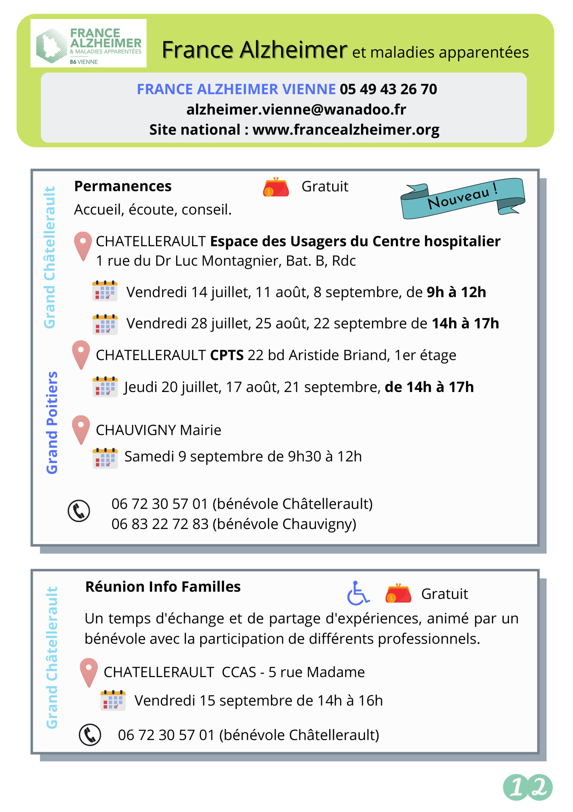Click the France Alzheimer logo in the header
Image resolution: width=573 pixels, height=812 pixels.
pyautogui.click(x=88, y=43)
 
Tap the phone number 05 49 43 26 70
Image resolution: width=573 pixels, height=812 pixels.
pyautogui.click(x=388, y=89)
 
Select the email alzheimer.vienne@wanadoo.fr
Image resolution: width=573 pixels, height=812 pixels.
pyautogui.click(x=296, y=110)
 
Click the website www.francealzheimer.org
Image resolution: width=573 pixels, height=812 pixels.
pyautogui.click(x=346, y=130)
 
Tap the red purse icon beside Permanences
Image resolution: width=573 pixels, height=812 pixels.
pyautogui.click(x=276, y=187)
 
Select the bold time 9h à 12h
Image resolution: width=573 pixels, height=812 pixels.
pyautogui.click(x=456, y=292)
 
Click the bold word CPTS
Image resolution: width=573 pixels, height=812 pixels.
pyautogui.click(x=227, y=355)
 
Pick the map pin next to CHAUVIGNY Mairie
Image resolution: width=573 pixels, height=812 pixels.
pyautogui.click(x=81, y=429)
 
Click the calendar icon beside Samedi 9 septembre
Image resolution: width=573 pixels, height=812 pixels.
pyautogui.click(x=105, y=458)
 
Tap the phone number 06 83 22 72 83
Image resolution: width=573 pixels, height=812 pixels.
pyautogui.click(x=160, y=524)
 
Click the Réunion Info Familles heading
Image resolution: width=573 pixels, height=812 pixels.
pyautogui.click(x=163, y=587)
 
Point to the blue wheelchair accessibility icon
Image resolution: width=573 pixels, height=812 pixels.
pyautogui.click(x=358, y=593)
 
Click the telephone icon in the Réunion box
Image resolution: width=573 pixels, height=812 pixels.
pyautogui.click(x=90, y=735)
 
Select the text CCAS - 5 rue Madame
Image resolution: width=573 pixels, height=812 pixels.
pyautogui.click(x=293, y=672)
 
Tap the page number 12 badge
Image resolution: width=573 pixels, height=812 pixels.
pyautogui.click(x=527, y=787)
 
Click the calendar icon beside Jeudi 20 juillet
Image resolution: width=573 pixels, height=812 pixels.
pyautogui.click(x=105, y=387)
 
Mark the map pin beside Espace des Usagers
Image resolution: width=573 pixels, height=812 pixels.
pyautogui.click(x=83, y=246)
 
